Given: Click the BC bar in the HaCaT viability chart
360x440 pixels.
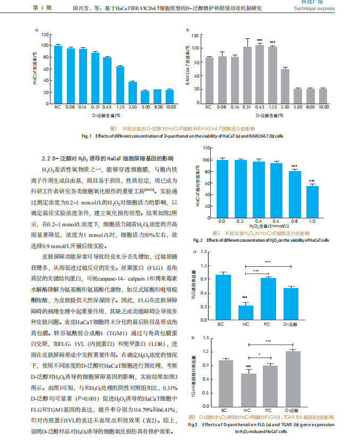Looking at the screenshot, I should coord(58,74).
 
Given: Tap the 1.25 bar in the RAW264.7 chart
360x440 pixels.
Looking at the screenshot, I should coord(272,75).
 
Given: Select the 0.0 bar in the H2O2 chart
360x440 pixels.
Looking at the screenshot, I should coord(222,188).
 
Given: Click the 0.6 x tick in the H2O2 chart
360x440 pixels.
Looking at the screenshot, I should coord(276,220).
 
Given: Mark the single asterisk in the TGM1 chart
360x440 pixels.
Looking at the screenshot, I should coord(259,355).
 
